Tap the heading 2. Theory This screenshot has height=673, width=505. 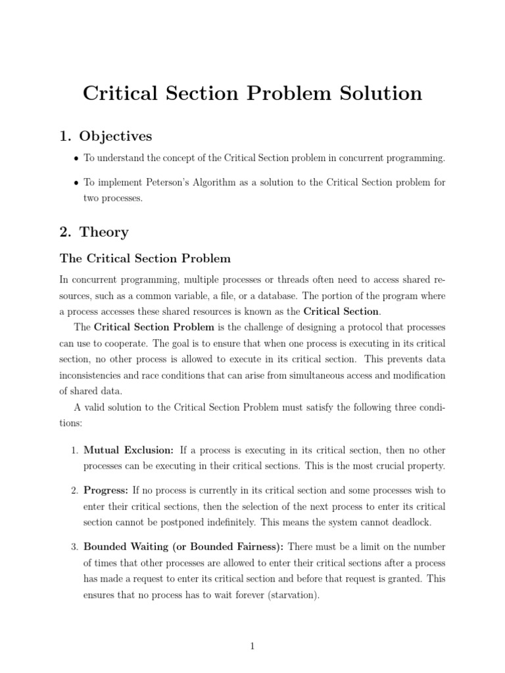pos(94,232)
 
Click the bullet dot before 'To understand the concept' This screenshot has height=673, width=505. pos(76,159)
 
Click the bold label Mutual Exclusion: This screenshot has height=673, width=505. pos(129,450)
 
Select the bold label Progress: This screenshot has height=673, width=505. pos(107,490)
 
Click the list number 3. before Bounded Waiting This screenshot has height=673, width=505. pos(74,547)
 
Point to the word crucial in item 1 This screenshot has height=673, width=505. pos(377,466)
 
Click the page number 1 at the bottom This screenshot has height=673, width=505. pos(252,646)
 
